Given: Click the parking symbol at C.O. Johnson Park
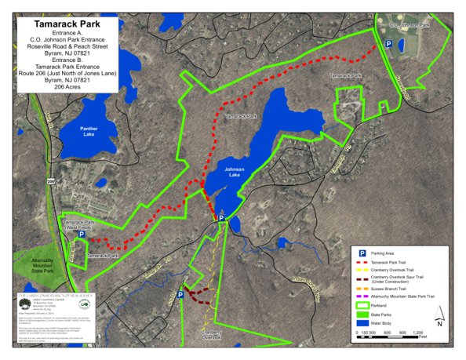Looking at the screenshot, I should (x=388, y=45).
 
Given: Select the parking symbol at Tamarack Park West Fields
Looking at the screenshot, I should (x=81, y=233).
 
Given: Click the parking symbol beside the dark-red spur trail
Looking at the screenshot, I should (x=181, y=295).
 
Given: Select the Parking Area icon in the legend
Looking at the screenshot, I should (x=362, y=253).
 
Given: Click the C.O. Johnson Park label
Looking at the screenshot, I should (x=410, y=24).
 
